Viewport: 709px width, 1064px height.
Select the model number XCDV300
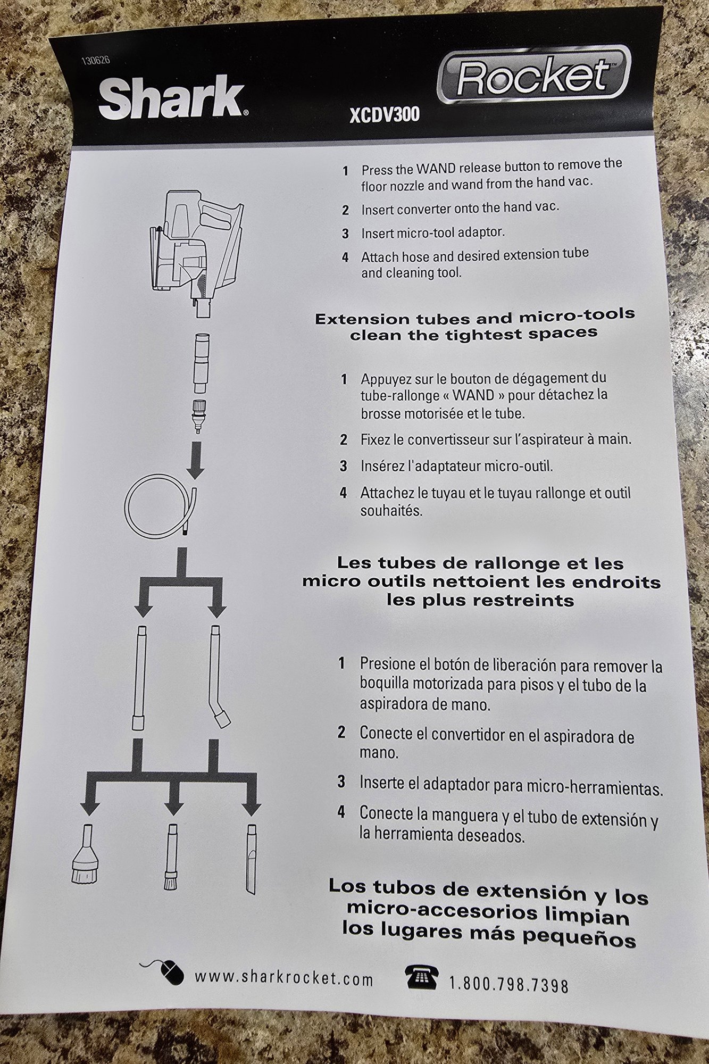pyautogui.click(x=385, y=114)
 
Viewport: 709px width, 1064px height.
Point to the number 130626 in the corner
pyautogui.click(x=96, y=60)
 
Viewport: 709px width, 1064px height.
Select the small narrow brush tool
pyautogui.click(x=171, y=857)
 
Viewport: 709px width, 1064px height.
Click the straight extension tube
pyautogui.click(x=139, y=678)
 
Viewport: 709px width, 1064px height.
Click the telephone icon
pyautogui.click(x=421, y=976)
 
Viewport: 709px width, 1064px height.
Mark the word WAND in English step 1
pyautogui.click(x=436, y=169)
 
